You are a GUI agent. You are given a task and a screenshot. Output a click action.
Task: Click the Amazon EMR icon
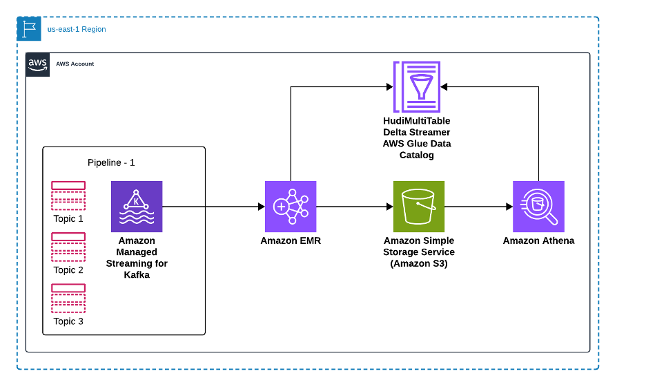[291, 207]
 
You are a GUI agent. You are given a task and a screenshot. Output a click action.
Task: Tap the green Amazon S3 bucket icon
[418, 207]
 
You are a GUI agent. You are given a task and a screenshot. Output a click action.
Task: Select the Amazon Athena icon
[538, 207]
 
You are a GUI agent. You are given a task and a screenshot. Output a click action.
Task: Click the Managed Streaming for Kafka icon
[137, 207]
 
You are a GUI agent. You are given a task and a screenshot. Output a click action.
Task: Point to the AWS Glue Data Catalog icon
[417, 86]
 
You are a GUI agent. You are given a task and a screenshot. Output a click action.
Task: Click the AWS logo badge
[37, 64]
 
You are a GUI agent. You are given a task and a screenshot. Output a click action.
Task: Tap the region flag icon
[29, 29]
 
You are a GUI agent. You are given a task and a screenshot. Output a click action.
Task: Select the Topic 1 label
[68, 219]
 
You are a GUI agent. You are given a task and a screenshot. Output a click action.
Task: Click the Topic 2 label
[68, 270]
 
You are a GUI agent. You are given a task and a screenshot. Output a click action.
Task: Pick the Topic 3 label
[68, 321]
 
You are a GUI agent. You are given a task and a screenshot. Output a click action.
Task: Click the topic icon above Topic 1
[68, 196]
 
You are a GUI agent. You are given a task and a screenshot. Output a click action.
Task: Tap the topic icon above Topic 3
[68, 298]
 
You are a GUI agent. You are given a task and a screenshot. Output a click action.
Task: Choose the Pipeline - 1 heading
[110, 162]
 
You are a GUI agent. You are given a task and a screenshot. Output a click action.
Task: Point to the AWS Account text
[75, 64]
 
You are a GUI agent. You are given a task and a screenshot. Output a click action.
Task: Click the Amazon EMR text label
[291, 241]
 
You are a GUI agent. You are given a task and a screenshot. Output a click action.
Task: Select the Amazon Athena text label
[538, 241]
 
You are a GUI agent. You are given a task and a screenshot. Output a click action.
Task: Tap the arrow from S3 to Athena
[478, 207]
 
